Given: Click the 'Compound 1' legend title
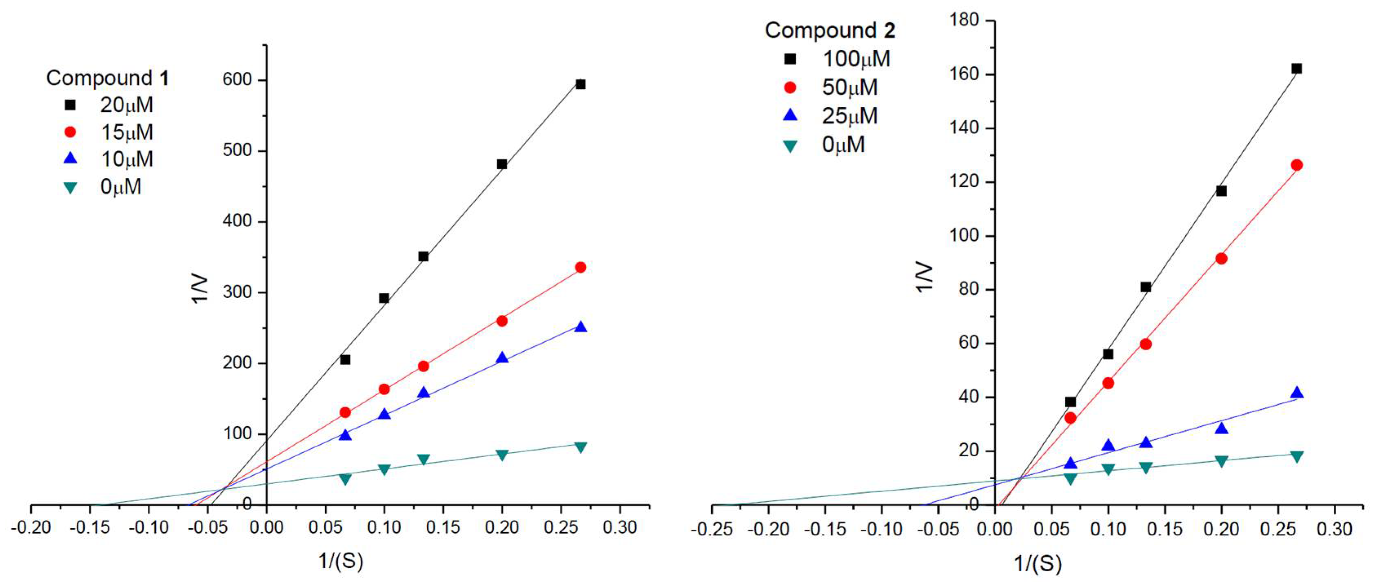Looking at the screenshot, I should coord(107,78).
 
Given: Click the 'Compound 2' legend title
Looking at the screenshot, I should coord(829,31).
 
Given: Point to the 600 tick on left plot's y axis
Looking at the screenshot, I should coord(237,80).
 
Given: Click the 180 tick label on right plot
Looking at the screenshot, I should coord(964,20).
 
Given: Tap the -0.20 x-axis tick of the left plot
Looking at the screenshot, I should coord(31,528).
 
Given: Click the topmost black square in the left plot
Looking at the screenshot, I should coord(581,84).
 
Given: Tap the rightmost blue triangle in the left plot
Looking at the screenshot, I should coord(581,327).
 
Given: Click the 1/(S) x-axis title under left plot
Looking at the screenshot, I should coord(341,561).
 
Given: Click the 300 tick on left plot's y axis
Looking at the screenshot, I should coord(237,292).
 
